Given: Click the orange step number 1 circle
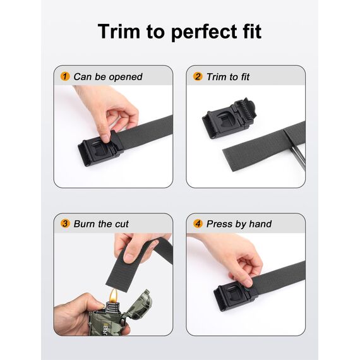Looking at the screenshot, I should [65, 77].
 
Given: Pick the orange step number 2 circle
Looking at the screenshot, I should [198, 77].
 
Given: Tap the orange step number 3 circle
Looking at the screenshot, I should [65, 224].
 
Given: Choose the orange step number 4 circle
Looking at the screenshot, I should [198, 224].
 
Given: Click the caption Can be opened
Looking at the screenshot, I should [107, 77].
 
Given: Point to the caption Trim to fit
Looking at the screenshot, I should [228, 77].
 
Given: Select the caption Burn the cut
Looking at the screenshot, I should [101, 224].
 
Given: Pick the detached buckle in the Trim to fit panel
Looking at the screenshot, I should [229, 117].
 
